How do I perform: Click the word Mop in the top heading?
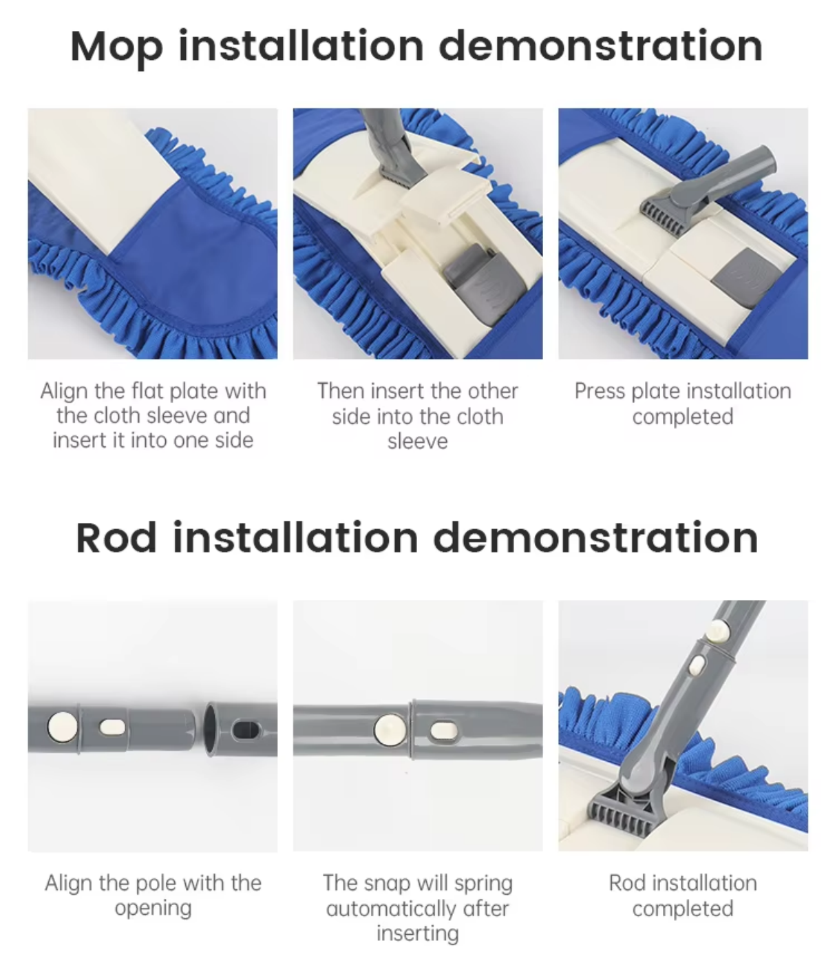[x=117, y=47]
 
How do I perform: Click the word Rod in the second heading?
[x=116, y=538]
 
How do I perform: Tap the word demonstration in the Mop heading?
[x=600, y=45]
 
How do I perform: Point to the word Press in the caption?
[x=600, y=391]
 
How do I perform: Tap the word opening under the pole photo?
[x=153, y=909]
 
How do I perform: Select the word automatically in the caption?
[x=392, y=909]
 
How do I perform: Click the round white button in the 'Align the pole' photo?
[x=63, y=727]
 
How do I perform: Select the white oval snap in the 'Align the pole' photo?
[x=113, y=727]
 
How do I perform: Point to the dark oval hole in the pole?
[x=246, y=730]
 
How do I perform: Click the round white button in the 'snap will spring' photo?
[x=390, y=729]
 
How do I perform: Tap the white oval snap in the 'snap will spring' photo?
[x=443, y=731]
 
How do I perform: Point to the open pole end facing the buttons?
[x=210, y=729]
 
